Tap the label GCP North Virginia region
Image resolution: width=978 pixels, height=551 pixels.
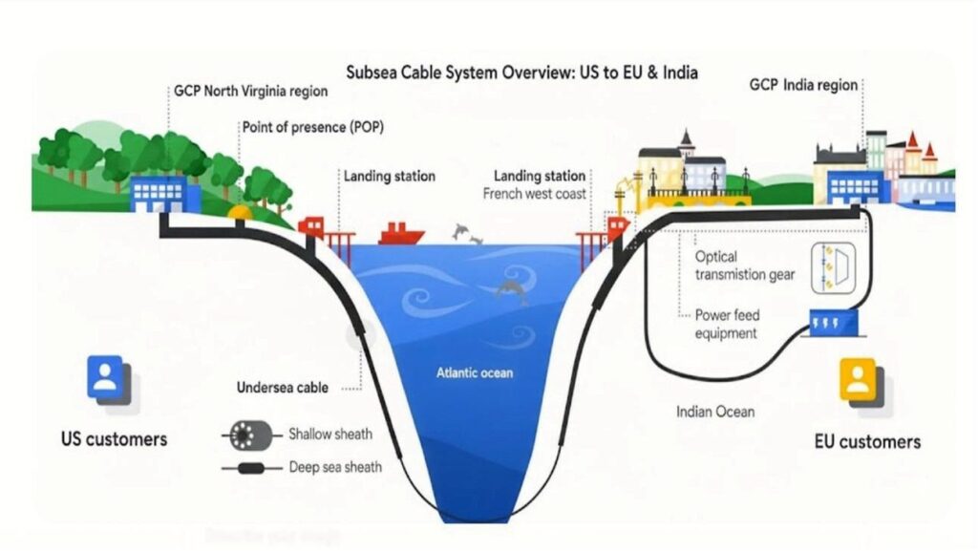coord(250,92)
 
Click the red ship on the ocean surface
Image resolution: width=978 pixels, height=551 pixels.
coord(401,234)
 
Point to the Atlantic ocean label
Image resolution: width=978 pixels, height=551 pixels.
coord(476,372)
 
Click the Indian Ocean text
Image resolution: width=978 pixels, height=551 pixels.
coord(715,412)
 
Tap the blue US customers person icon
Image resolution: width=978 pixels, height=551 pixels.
coord(105,376)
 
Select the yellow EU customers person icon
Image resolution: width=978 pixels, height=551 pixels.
coord(857,379)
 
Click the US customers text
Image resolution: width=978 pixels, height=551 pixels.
coord(114,439)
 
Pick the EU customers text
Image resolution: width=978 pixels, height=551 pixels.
coord(867,441)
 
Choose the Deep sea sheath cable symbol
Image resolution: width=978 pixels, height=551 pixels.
coord(251,468)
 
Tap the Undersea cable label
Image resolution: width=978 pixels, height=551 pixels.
coord(283,388)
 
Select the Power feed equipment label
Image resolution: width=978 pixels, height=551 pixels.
coord(726,324)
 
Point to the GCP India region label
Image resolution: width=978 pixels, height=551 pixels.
coord(803,85)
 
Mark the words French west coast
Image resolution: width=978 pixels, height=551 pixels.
coord(535,194)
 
